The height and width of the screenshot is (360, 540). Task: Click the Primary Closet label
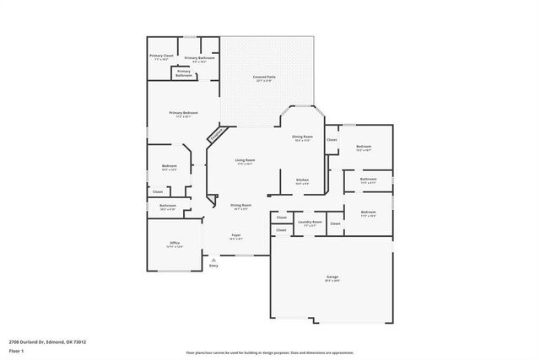click(x=162, y=56)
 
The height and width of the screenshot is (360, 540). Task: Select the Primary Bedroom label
click(x=183, y=113)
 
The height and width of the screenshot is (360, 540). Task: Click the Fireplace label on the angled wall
click(x=217, y=132)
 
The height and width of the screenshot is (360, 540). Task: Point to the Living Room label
click(x=245, y=159)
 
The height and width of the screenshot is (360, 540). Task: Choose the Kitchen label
click(x=302, y=180)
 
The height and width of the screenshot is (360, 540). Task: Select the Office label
click(x=174, y=243)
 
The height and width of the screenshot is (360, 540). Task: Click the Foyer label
click(x=236, y=235)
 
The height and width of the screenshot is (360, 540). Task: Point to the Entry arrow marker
click(x=213, y=260)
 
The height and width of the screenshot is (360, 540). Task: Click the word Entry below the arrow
click(x=213, y=266)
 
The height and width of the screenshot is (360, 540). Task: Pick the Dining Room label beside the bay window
click(x=302, y=137)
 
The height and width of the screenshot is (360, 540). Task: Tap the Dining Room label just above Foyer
click(x=240, y=205)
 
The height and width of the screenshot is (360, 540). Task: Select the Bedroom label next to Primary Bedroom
click(x=169, y=166)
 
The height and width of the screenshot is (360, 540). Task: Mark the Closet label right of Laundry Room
click(x=335, y=223)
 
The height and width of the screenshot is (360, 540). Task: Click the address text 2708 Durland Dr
click(x=47, y=341)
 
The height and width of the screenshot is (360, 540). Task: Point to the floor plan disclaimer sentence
click(x=269, y=353)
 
